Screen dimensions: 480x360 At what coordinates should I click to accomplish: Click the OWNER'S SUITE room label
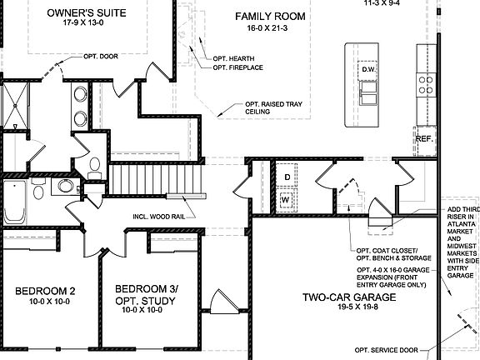(87, 12)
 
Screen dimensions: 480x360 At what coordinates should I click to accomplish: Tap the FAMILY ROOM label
(270, 16)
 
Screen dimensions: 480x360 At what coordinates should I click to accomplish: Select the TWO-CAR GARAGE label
(349, 297)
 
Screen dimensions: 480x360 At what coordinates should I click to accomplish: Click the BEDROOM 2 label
(45, 291)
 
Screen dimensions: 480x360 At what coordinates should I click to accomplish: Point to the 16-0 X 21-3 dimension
(267, 28)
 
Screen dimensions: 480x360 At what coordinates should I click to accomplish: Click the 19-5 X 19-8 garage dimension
(357, 307)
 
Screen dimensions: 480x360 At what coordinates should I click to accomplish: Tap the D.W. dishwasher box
(367, 70)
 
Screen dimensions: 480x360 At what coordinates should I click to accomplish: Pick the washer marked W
(286, 200)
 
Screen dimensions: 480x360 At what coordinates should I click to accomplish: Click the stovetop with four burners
(426, 85)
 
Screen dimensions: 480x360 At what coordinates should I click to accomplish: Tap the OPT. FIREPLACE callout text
(237, 67)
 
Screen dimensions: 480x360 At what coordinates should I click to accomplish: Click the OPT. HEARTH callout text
(233, 58)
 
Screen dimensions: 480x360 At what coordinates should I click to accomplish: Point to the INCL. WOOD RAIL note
(159, 217)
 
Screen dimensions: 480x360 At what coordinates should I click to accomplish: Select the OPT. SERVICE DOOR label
(387, 350)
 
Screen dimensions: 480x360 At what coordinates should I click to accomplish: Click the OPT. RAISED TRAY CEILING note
(273, 107)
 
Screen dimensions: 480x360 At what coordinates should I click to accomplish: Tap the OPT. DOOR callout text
(101, 57)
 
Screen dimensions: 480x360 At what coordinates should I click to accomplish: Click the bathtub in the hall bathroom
(14, 202)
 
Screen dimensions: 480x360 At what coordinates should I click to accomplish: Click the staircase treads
(155, 179)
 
